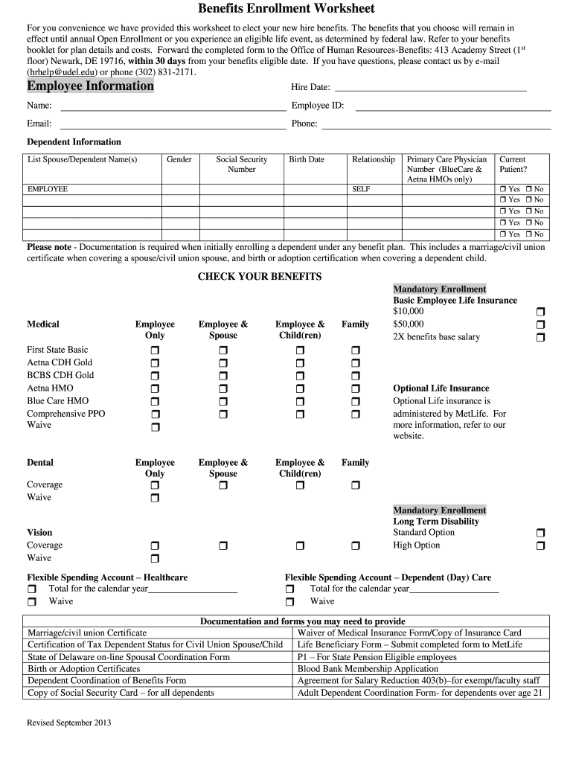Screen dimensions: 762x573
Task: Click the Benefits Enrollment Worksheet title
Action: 286,9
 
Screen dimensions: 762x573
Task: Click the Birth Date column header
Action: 307,159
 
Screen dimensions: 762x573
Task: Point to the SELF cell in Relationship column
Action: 361,189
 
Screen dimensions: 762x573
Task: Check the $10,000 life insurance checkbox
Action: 540,312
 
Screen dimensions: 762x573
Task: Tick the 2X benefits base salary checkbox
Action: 540,337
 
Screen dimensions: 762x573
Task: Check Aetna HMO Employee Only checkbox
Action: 155,388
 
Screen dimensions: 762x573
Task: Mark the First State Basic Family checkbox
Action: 355,350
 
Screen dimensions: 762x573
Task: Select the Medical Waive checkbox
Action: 155,427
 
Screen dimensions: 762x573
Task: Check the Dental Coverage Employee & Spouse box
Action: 223,485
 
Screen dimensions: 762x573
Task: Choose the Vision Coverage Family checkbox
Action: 355,545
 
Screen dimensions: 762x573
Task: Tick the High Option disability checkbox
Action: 540,545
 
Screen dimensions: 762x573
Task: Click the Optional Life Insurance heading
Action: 441,388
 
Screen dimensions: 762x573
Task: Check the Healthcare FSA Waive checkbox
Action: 32,601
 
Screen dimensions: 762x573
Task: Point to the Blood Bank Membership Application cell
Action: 368,669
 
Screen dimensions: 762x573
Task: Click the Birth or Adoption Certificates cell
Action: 83,669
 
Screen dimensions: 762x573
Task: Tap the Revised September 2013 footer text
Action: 69,722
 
